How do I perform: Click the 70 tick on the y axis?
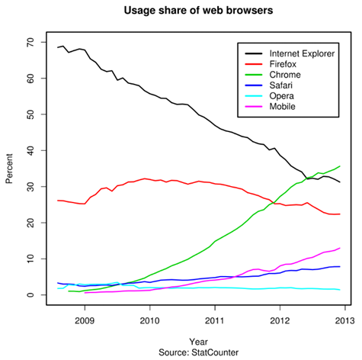(x=30, y=42)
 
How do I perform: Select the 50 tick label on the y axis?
(x=30, y=114)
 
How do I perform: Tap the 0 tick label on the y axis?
(x=33, y=295)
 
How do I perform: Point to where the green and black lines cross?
(x=307, y=178)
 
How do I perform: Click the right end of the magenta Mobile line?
(x=340, y=248)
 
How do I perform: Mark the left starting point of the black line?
(x=57, y=47)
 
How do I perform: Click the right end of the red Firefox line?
(x=340, y=214)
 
